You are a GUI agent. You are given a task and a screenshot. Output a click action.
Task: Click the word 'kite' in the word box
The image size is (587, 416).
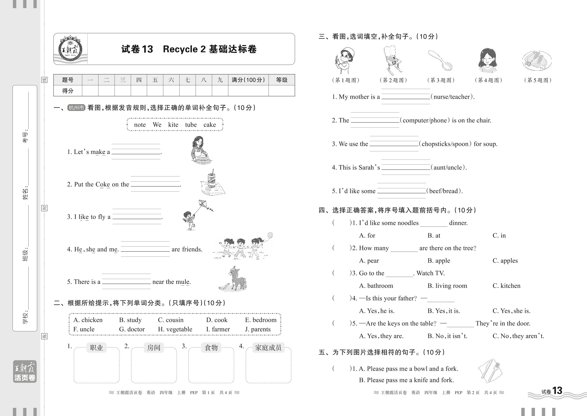(x=173, y=125)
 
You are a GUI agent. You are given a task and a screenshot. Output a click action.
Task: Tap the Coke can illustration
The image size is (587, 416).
(x=211, y=179)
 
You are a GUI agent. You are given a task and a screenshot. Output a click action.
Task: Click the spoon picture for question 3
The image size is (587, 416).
(x=440, y=60)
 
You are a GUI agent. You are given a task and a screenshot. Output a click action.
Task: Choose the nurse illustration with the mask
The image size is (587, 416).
(x=344, y=60)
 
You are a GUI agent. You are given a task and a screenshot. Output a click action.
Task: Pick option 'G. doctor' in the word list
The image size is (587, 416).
(x=132, y=329)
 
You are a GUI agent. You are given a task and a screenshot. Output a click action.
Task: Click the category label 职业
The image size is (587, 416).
(x=96, y=348)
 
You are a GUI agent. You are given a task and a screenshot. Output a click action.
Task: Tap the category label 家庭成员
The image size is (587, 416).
(x=268, y=348)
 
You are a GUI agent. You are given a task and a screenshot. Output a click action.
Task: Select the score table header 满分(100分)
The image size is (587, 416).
(x=248, y=80)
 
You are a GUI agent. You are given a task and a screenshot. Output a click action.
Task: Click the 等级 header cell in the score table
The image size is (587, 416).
(x=282, y=80)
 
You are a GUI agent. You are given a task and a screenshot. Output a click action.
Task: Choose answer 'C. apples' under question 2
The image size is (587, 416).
(x=505, y=261)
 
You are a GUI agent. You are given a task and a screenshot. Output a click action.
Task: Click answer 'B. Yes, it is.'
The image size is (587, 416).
(x=443, y=311)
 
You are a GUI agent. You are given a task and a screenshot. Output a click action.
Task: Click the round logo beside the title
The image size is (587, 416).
(x=70, y=49)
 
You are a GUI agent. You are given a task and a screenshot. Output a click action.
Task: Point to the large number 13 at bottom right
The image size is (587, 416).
(x=557, y=391)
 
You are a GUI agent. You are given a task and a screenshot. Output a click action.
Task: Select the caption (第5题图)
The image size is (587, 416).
(x=538, y=80)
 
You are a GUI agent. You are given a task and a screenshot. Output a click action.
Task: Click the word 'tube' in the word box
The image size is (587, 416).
(x=191, y=125)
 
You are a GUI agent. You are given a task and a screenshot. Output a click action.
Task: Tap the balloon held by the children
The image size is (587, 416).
(x=270, y=235)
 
